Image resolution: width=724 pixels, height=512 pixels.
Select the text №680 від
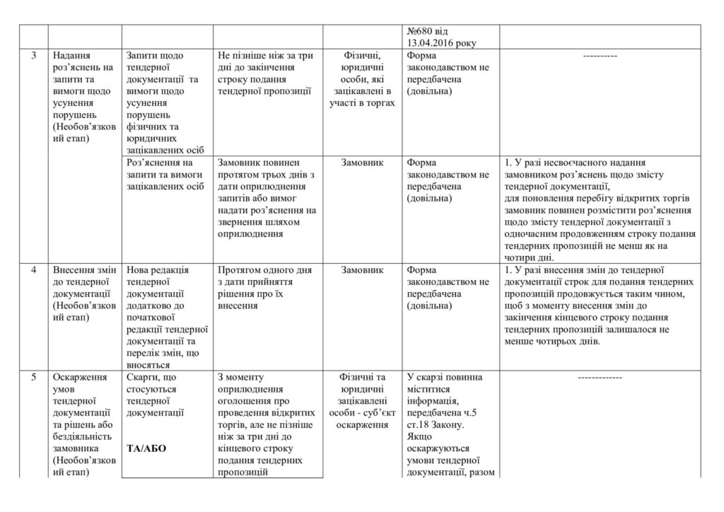click(x=428, y=32)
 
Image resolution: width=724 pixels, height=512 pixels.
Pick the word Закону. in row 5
click(x=447, y=424)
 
